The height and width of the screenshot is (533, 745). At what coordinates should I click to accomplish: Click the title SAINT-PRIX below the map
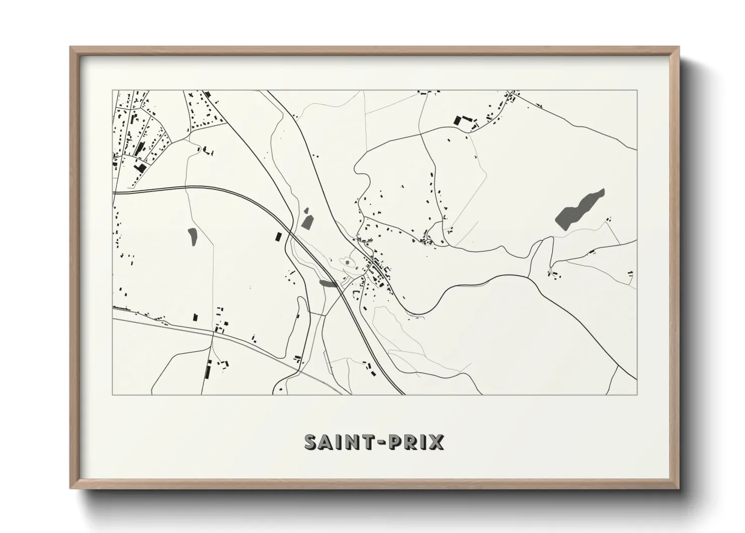[374, 442]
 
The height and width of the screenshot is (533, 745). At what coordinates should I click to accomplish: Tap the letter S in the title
[311, 442]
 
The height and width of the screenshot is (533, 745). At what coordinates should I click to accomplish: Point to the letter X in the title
[436, 442]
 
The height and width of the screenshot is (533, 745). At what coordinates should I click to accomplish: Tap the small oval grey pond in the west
[192, 236]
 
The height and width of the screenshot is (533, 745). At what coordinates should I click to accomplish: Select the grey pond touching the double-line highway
[328, 284]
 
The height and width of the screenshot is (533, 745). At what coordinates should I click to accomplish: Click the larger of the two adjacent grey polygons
[307, 222]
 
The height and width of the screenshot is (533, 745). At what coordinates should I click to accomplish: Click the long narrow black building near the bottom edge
[207, 372]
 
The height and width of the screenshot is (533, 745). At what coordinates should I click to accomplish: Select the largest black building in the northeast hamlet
[458, 120]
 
